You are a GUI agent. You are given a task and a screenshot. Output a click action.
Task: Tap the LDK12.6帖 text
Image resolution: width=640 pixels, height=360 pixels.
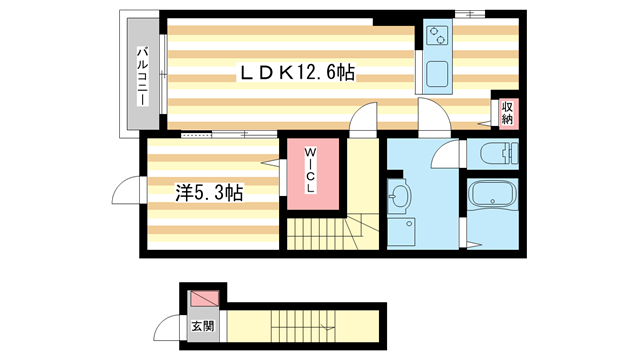coord(297,72)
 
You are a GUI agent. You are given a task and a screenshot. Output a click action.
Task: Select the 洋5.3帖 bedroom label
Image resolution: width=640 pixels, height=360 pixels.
coord(195,190)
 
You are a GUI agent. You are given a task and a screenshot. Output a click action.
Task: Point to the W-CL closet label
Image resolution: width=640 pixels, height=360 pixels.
coord(310,172)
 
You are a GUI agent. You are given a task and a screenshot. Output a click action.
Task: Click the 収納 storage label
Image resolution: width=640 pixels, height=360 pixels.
coord(507,111)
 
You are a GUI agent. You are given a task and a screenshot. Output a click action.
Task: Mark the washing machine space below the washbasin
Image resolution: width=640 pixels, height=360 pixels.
coord(401,231)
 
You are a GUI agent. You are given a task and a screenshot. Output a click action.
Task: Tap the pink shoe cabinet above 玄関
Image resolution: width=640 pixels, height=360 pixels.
coord(202,299)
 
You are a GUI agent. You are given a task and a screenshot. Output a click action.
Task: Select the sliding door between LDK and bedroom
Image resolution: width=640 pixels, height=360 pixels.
coord(227,134)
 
